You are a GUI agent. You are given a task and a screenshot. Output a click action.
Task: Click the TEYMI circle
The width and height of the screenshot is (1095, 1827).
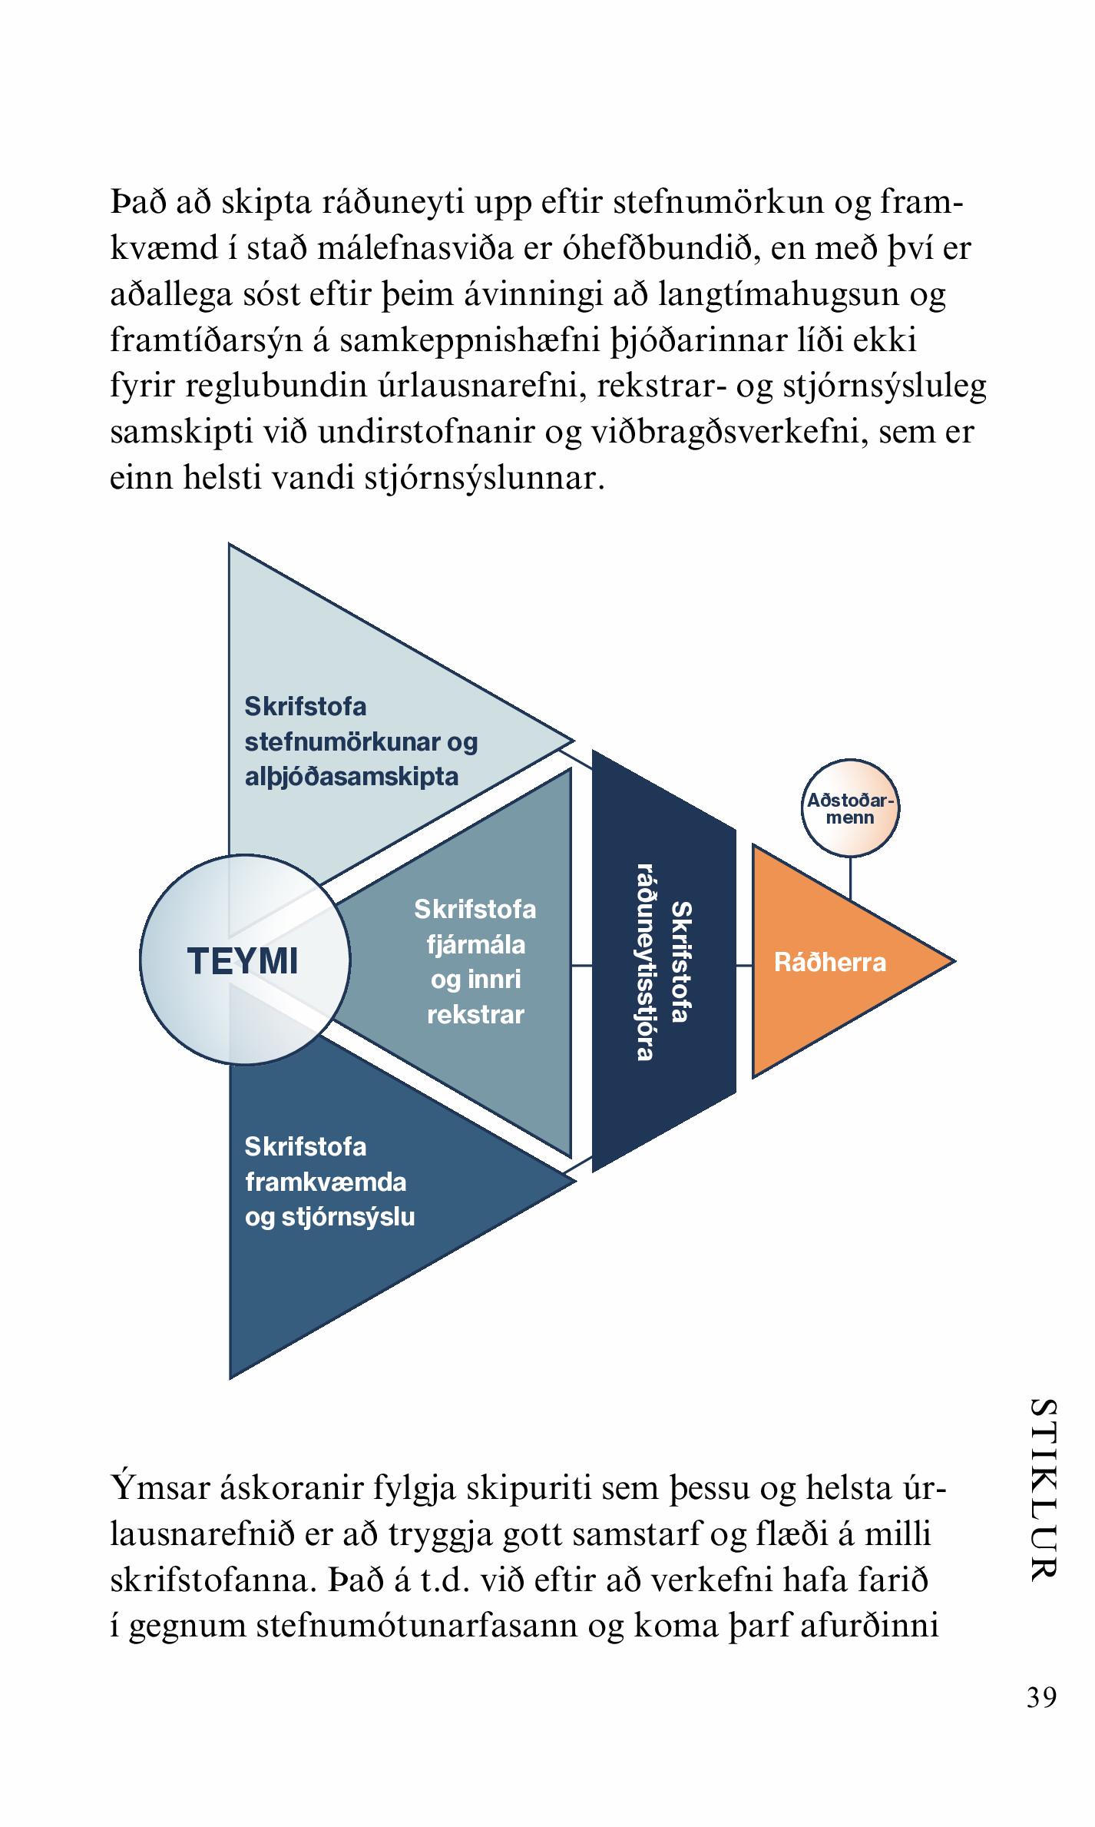coord(244,960)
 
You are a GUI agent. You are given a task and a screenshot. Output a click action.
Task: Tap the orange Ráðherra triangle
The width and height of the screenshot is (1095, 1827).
coord(829,962)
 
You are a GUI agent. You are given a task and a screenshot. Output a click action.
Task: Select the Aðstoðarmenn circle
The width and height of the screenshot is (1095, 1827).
coord(850,809)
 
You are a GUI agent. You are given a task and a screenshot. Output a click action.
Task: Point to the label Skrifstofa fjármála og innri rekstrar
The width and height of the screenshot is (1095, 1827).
coord(475,962)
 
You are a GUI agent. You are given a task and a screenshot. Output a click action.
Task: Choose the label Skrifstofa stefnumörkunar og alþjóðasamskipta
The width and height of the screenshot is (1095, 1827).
coord(361,741)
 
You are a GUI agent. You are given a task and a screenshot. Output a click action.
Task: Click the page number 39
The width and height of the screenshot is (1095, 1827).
coord(1041,1696)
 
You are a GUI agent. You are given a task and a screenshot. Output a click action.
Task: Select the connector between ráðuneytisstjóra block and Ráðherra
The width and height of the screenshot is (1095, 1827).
coord(744,965)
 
